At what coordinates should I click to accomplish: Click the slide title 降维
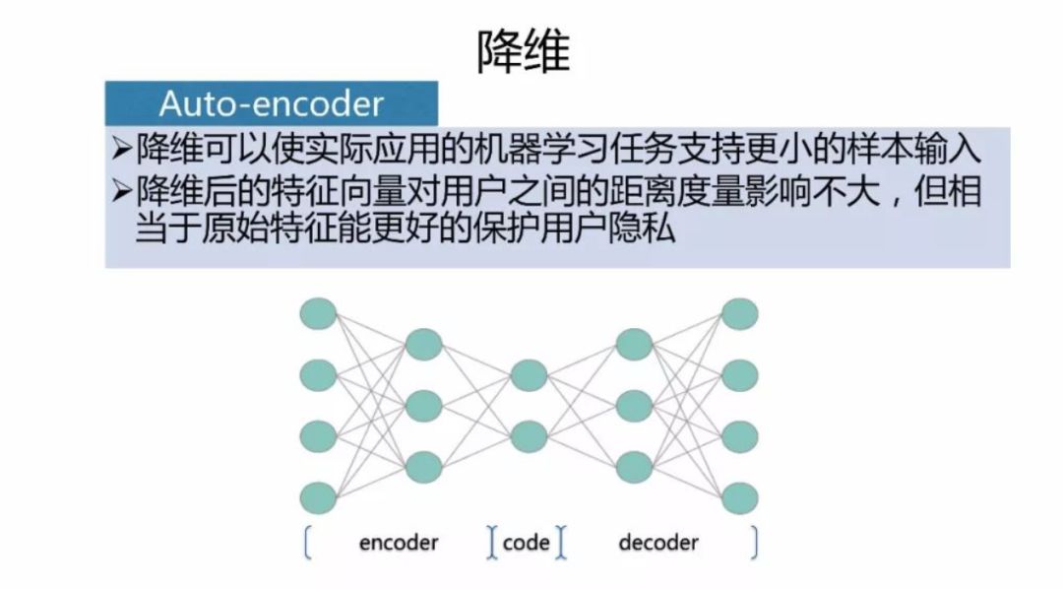tap(524, 50)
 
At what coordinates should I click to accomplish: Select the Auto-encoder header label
tap(271, 103)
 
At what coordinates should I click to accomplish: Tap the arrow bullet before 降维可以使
tap(121, 149)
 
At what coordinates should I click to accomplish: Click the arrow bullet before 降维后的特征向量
tap(121, 191)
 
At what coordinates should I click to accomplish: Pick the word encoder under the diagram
tap(399, 543)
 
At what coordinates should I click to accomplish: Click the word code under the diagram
tap(526, 543)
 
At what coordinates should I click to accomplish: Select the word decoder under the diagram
tap(658, 543)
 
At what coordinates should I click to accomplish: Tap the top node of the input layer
tap(319, 313)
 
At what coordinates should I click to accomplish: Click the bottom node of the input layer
tap(319, 496)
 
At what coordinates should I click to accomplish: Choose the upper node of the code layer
tap(529, 374)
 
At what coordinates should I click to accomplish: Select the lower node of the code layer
tap(529, 435)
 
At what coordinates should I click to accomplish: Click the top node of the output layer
tap(739, 313)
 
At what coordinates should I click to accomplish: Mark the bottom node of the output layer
tap(739, 496)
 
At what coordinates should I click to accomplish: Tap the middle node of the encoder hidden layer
tap(423, 405)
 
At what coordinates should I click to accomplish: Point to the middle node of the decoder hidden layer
tap(634, 405)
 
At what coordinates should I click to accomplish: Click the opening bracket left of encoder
tap(307, 543)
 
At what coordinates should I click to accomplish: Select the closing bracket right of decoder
tap(755, 543)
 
